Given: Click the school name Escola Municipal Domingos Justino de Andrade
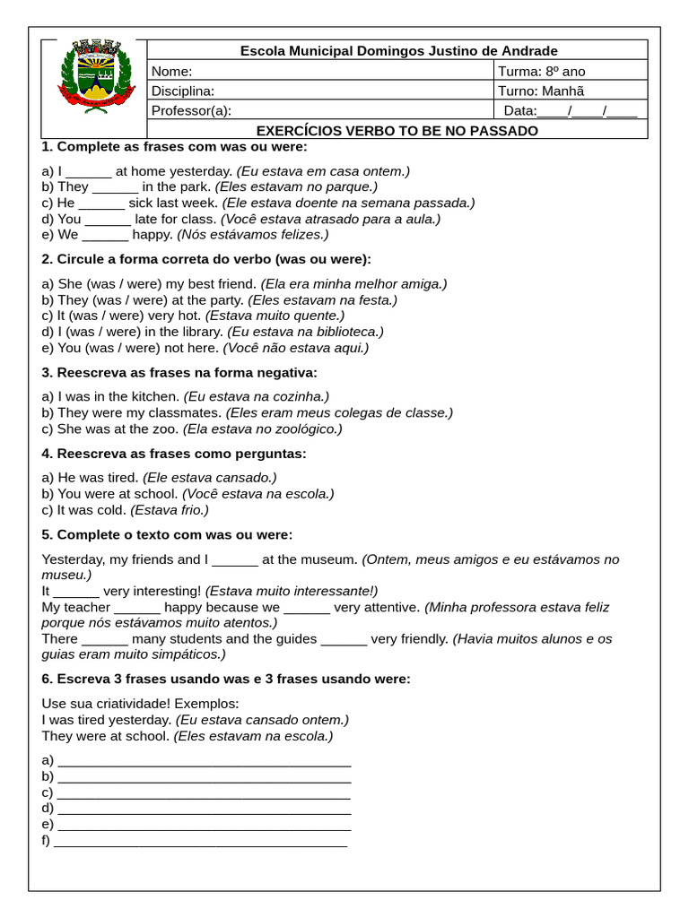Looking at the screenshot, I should [398, 51].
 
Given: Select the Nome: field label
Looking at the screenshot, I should [171, 72].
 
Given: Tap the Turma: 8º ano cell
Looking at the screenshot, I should [541, 72].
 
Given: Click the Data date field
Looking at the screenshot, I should [570, 111].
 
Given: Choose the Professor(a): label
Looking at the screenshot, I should [191, 111].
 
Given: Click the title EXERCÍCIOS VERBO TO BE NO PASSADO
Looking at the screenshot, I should [397, 131].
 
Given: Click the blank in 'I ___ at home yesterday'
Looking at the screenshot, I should [89, 171].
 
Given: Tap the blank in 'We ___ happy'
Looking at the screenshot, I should [105, 235].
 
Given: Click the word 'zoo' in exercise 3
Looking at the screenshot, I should [166, 429].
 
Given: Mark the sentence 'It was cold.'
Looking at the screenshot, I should [92, 509].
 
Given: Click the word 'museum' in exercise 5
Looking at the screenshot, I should [330, 559].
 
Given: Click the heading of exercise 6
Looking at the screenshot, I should [226, 679].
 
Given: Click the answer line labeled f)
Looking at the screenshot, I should [201, 841].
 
